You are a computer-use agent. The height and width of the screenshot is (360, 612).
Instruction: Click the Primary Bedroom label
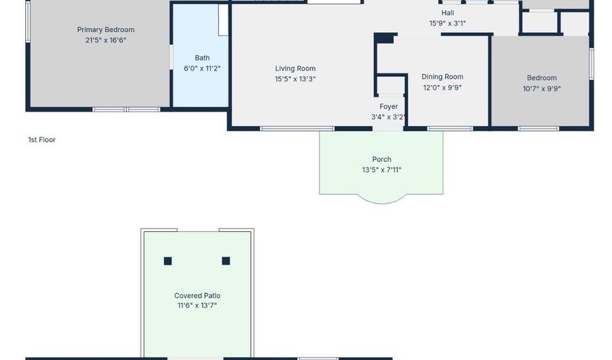[106, 30]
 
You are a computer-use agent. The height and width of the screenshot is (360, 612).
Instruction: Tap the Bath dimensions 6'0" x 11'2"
[202, 68]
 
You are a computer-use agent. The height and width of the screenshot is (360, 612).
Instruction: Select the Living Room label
[296, 68]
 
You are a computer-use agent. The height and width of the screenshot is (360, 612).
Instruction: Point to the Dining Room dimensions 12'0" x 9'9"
[443, 88]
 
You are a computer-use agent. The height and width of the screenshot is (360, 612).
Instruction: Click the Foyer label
[389, 106]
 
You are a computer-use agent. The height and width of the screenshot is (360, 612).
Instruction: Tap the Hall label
[447, 13]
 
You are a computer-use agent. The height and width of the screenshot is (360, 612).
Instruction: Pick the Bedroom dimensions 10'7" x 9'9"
[542, 88]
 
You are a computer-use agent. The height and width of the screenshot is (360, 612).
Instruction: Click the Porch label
[381, 159]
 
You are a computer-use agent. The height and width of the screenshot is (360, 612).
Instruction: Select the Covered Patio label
[197, 295]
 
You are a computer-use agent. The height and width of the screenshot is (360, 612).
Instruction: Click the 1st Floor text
[41, 140]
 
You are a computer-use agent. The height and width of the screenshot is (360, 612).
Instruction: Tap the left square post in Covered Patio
[168, 261]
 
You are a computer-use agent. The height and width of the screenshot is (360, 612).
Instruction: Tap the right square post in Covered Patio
[226, 261]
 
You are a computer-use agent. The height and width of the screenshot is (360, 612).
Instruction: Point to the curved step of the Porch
[381, 203]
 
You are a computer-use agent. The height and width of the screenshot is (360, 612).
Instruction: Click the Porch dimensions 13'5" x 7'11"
[381, 170]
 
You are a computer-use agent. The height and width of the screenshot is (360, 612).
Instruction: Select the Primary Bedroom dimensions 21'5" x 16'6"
[106, 40]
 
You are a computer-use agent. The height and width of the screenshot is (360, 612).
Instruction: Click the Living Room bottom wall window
[297, 129]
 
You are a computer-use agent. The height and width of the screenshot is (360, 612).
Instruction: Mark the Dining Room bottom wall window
[450, 129]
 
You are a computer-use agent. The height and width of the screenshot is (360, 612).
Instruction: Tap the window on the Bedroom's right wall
[592, 64]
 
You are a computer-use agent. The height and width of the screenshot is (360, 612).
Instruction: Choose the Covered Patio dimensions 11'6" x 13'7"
[197, 306]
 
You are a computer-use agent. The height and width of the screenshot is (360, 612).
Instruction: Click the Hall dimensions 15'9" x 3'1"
[447, 23]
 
